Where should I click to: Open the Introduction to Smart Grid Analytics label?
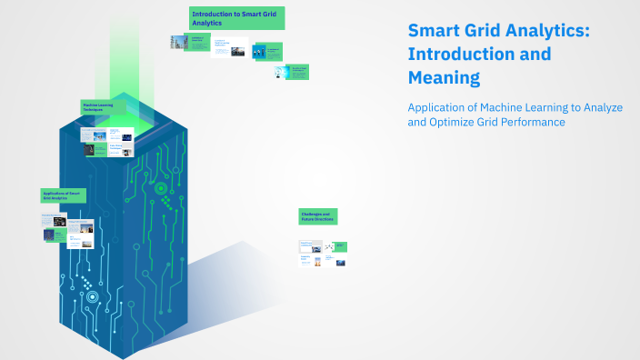point(236,18)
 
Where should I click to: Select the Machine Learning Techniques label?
point(103,107)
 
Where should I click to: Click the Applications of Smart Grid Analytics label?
point(62,195)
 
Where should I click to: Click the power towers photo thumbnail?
point(177,42)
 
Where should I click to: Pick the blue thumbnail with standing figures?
point(259,53)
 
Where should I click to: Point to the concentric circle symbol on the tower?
point(161,188)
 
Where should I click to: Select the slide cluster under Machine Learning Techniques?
point(106,141)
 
